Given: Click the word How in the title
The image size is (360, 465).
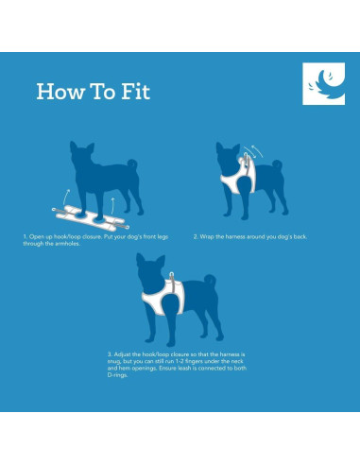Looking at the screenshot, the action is coord(60,92).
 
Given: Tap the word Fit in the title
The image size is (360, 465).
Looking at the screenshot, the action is coord(136,92).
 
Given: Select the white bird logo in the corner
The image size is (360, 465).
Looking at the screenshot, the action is coord(323,83).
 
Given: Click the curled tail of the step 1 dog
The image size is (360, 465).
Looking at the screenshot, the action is coord(132,164).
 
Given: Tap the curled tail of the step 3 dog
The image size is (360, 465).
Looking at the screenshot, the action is coord(210,280).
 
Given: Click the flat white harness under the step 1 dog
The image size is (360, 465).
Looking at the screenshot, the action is coord(91,217).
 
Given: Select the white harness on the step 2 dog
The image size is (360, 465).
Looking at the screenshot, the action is coord(239,178).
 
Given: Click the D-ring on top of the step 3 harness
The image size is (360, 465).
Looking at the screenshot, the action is coord(171,275).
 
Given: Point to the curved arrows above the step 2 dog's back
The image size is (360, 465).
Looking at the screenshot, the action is coord(254,151).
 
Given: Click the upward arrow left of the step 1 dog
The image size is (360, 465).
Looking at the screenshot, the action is coord(66,197).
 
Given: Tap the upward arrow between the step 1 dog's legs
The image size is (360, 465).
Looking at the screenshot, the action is coord(112,206).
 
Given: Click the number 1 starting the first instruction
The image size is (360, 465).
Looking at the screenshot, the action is coord(25,236).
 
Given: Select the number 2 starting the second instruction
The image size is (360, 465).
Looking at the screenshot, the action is coord(196,236).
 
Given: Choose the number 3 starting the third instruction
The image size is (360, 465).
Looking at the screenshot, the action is coord(110,354).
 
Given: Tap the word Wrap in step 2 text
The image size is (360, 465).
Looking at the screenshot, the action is coord(207,237).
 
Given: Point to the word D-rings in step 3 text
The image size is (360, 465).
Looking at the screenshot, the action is coord(117,375).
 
